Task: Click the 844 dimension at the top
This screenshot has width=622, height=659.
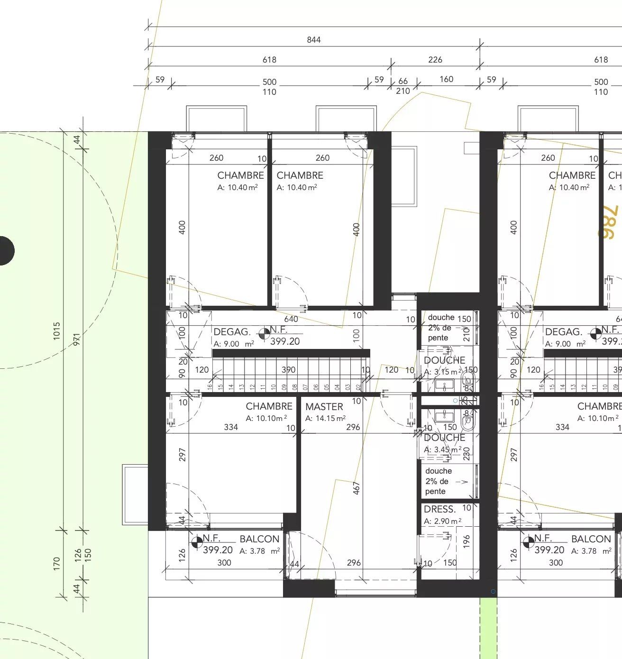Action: tap(313, 40)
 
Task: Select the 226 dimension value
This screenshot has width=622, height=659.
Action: tap(435, 60)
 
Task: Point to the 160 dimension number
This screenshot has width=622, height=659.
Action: tap(446, 79)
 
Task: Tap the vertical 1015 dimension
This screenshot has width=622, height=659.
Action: tap(57, 330)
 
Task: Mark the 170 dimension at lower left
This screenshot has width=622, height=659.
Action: tap(57, 563)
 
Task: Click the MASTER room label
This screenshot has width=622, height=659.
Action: tap(324, 406)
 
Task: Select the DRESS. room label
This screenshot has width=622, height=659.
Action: tap(439, 509)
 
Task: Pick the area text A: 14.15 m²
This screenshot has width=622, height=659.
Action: tap(325, 418)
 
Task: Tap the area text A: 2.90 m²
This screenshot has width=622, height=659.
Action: tap(442, 521)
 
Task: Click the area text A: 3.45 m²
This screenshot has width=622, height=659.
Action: tap(442, 449)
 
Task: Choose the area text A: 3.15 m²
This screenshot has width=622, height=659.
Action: tap(442, 372)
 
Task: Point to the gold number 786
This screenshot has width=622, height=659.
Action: tap(610, 222)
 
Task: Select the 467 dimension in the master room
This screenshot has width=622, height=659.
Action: tap(357, 488)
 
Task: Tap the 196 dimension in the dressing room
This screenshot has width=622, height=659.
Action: tap(466, 540)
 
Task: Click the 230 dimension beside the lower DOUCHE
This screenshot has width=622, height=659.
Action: tap(466, 453)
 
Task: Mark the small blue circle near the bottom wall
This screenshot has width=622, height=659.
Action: tap(493, 591)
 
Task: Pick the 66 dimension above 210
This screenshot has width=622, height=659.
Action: tap(403, 81)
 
